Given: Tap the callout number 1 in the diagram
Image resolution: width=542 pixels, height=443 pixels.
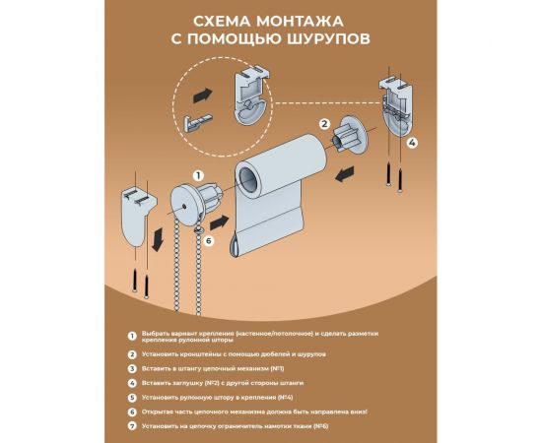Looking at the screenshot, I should coord(197,173).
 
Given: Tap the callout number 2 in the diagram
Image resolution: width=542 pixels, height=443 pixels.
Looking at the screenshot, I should coord(322,125).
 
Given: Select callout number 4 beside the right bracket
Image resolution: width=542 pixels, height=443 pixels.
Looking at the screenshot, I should coord(412,142).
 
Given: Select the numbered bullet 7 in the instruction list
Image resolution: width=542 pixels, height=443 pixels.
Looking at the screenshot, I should coord(131,426).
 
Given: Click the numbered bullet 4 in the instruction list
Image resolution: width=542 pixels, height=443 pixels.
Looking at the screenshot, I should coord(131,381).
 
